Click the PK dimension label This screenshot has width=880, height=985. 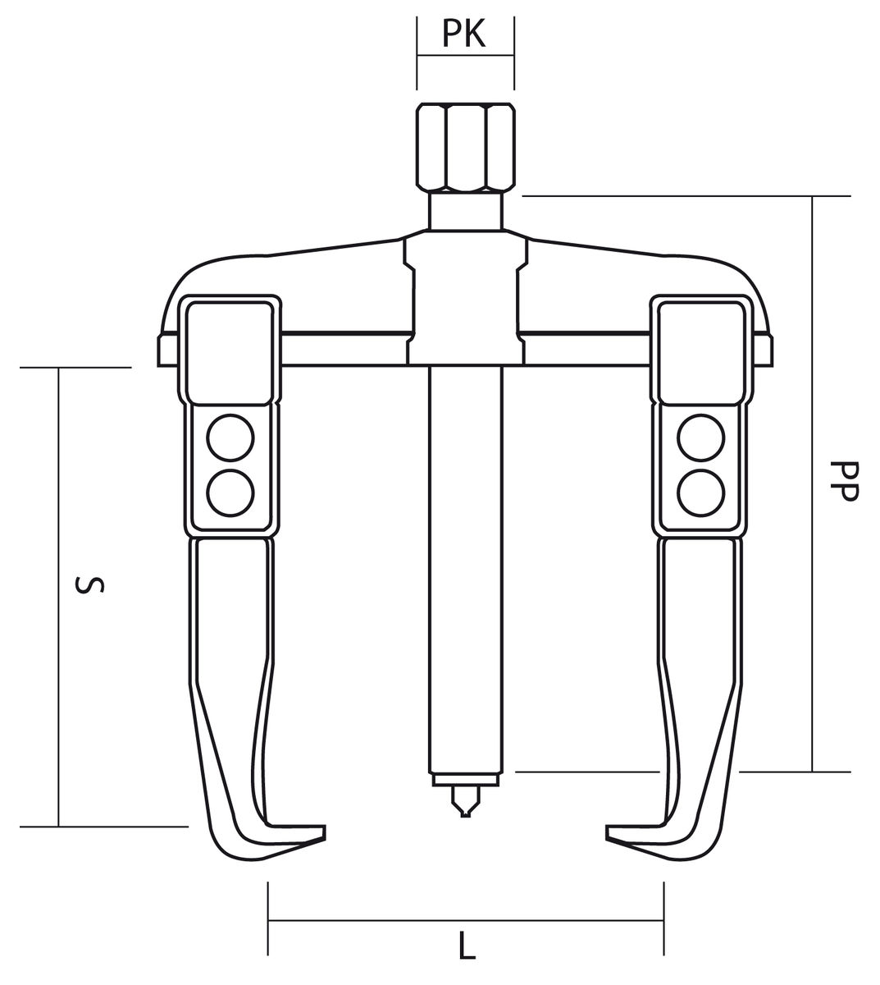[x=463, y=34]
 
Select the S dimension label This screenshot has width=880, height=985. [x=90, y=585]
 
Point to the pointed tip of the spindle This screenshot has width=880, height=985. [x=465, y=816]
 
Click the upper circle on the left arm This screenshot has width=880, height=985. [x=230, y=438]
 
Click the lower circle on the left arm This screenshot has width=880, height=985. [x=230, y=493]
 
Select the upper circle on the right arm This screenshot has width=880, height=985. [x=701, y=438]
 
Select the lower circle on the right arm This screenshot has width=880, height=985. [x=701, y=493]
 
